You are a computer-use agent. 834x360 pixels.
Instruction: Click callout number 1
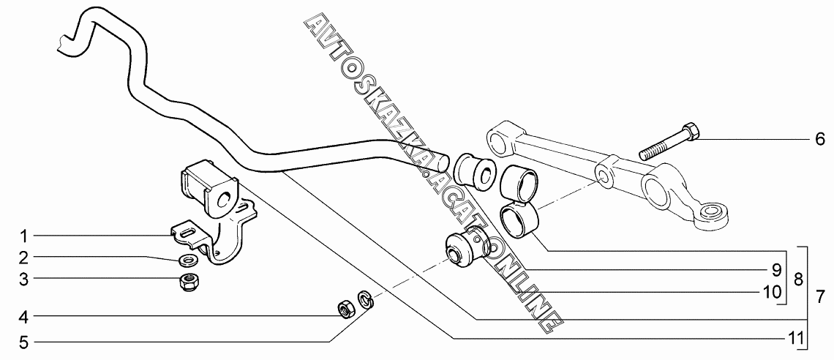point(23,236)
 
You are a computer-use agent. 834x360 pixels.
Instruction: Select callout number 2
point(23,258)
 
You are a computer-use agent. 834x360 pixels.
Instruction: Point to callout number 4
point(23,317)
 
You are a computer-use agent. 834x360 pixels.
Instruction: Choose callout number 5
point(23,340)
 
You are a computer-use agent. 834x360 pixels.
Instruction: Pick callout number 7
point(820,297)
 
